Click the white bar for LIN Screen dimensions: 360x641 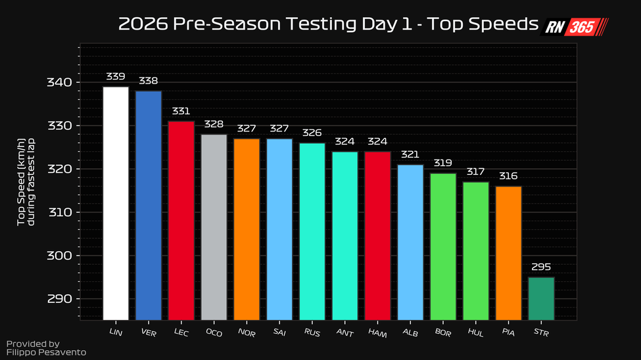(116, 204)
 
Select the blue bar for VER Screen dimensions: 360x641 (149, 206)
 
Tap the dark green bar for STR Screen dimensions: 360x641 (541, 299)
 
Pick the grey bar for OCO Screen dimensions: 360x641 (214, 227)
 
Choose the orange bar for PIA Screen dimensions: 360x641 (508, 254)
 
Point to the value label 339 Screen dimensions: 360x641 (116, 76)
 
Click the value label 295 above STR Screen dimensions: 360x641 (541, 267)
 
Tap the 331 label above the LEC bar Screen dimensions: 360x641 (181, 111)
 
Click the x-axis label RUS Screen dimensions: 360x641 (312, 333)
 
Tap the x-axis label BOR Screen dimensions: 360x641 (442, 333)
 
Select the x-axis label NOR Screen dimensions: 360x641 (247, 333)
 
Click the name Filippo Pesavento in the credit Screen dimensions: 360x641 (46, 353)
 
